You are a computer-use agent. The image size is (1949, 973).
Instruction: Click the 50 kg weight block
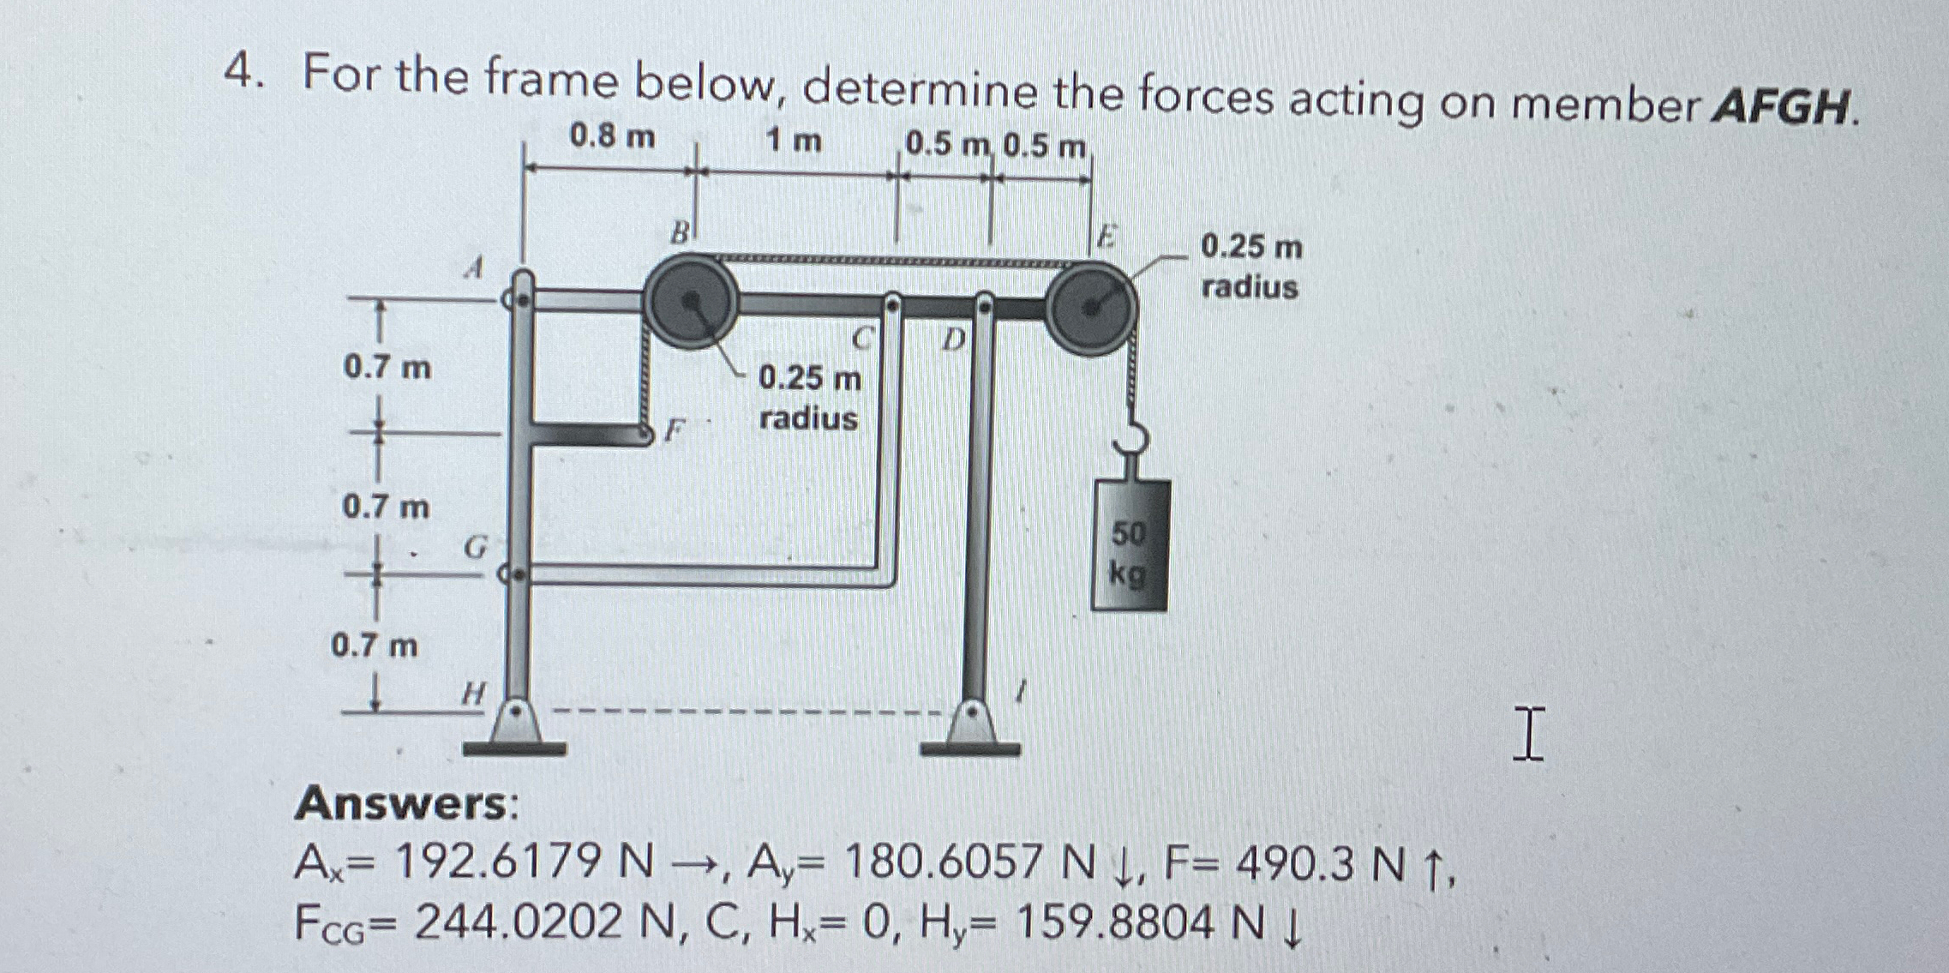click(x=1129, y=545)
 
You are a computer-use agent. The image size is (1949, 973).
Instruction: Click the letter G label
click(x=475, y=546)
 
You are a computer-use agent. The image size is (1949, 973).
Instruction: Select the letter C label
click(x=866, y=339)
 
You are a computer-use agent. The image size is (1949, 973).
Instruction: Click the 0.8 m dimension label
click(x=612, y=137)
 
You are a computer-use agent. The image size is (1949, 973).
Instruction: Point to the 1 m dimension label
click(x=794, y=141)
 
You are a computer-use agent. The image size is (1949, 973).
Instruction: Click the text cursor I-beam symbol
click(x=1529, y=734)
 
